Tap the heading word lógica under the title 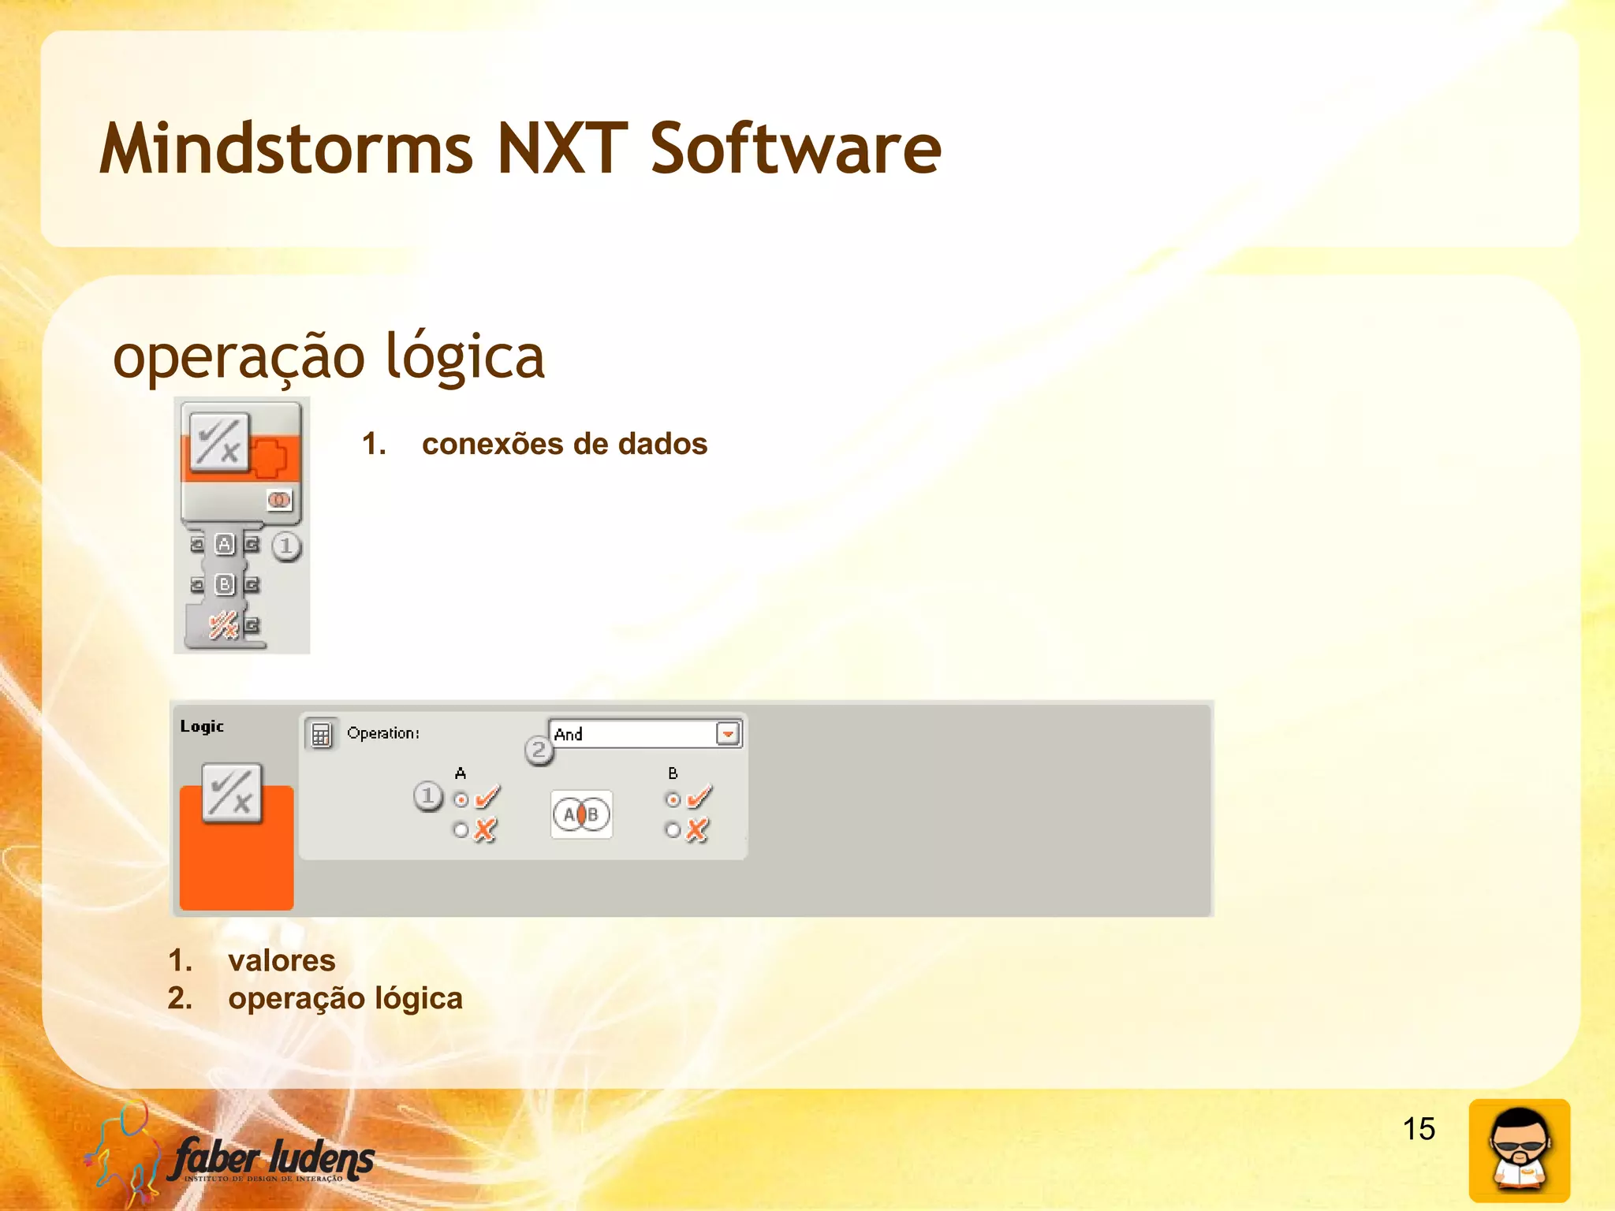point(464,356)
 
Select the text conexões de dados point(564,444)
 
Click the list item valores point(282,960)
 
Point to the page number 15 point(1418,1128)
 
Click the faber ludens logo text point(272,1159)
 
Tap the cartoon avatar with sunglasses point(1519,1150)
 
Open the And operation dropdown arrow point(728,734)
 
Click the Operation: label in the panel point(383,733)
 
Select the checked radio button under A point(461,800)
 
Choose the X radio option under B point(673,829)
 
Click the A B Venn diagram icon point(581,814)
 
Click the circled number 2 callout point(539,750)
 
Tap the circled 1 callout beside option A point(428,796)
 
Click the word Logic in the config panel point(202,726)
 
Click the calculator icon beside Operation point(321,735)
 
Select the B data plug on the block point(225,584)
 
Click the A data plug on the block point(225,544)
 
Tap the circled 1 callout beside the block point(286,546)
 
